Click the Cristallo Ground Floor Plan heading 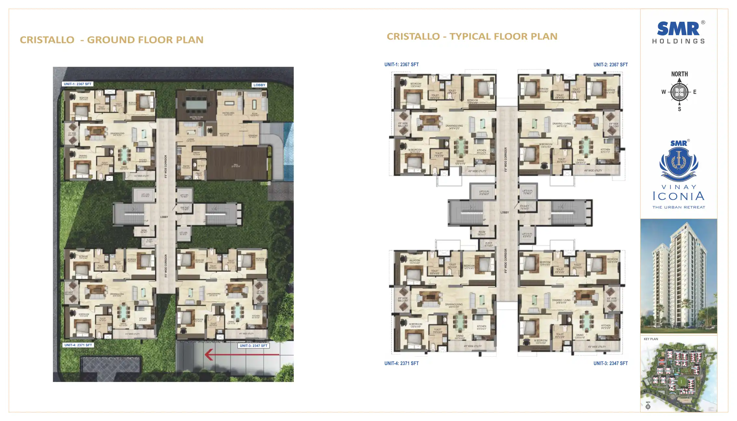pos(111,40)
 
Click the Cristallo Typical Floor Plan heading pos(472,36)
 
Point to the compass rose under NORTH pos(679,92)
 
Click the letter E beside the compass pos(695,92)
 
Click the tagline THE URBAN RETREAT pos(679,207)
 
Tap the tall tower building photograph pos(679,276)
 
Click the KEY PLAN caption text pos(651,339)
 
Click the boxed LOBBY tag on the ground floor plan pos(259,85)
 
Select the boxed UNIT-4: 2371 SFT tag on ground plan pos(78,345)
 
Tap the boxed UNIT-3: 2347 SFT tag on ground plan pos(253,346)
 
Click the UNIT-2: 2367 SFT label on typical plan pos(611,65)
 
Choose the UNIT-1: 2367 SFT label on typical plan pos(401,65)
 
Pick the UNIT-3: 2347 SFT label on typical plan pos(611,364)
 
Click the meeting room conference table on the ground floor pos(196,105)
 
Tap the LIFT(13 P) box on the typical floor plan pos(484,193)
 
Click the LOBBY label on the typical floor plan pos(505,212)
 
